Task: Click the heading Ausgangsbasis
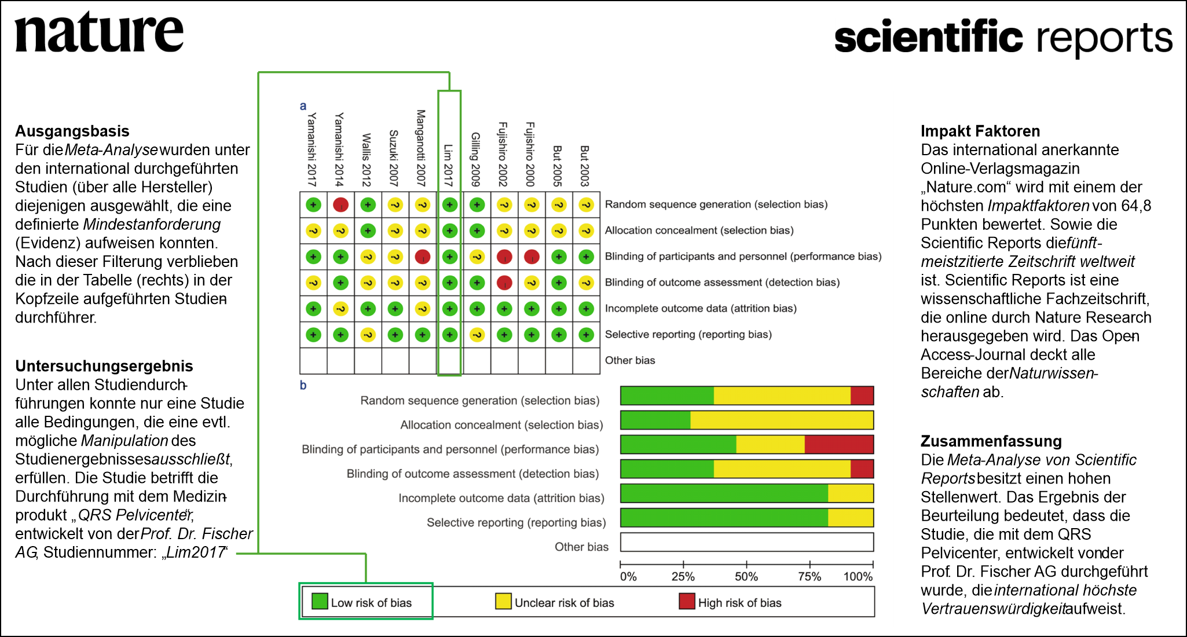click(x=72, y=131)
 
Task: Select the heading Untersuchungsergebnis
click(x=104, y=366)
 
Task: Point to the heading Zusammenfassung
click(x=991, y=441)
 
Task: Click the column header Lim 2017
click(x=448, y=166)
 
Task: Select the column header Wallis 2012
click(x=366, y=160)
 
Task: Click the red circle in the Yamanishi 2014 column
click(x=340, y=204)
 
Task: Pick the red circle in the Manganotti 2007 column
click(x=423, y=257)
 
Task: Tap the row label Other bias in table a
click(x=630, y=360)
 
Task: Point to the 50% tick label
click(x=746, y=577)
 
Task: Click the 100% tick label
click(x=858, y=577)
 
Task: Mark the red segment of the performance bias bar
click(x=839, y=445)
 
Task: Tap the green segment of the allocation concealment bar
click(x=655, y=420)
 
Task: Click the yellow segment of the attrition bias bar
click(x=851, y=493)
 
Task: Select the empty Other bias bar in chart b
click(x=747, y=542)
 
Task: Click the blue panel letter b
click(x=303, y=386)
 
